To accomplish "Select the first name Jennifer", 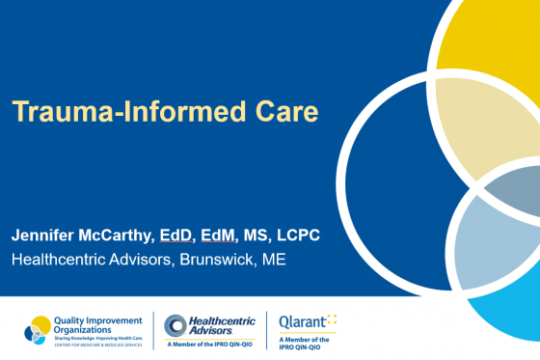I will (48, 235).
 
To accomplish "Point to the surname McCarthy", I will (133, 235).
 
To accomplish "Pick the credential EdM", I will (237, 235).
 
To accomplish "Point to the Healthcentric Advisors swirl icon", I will (176, 326).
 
